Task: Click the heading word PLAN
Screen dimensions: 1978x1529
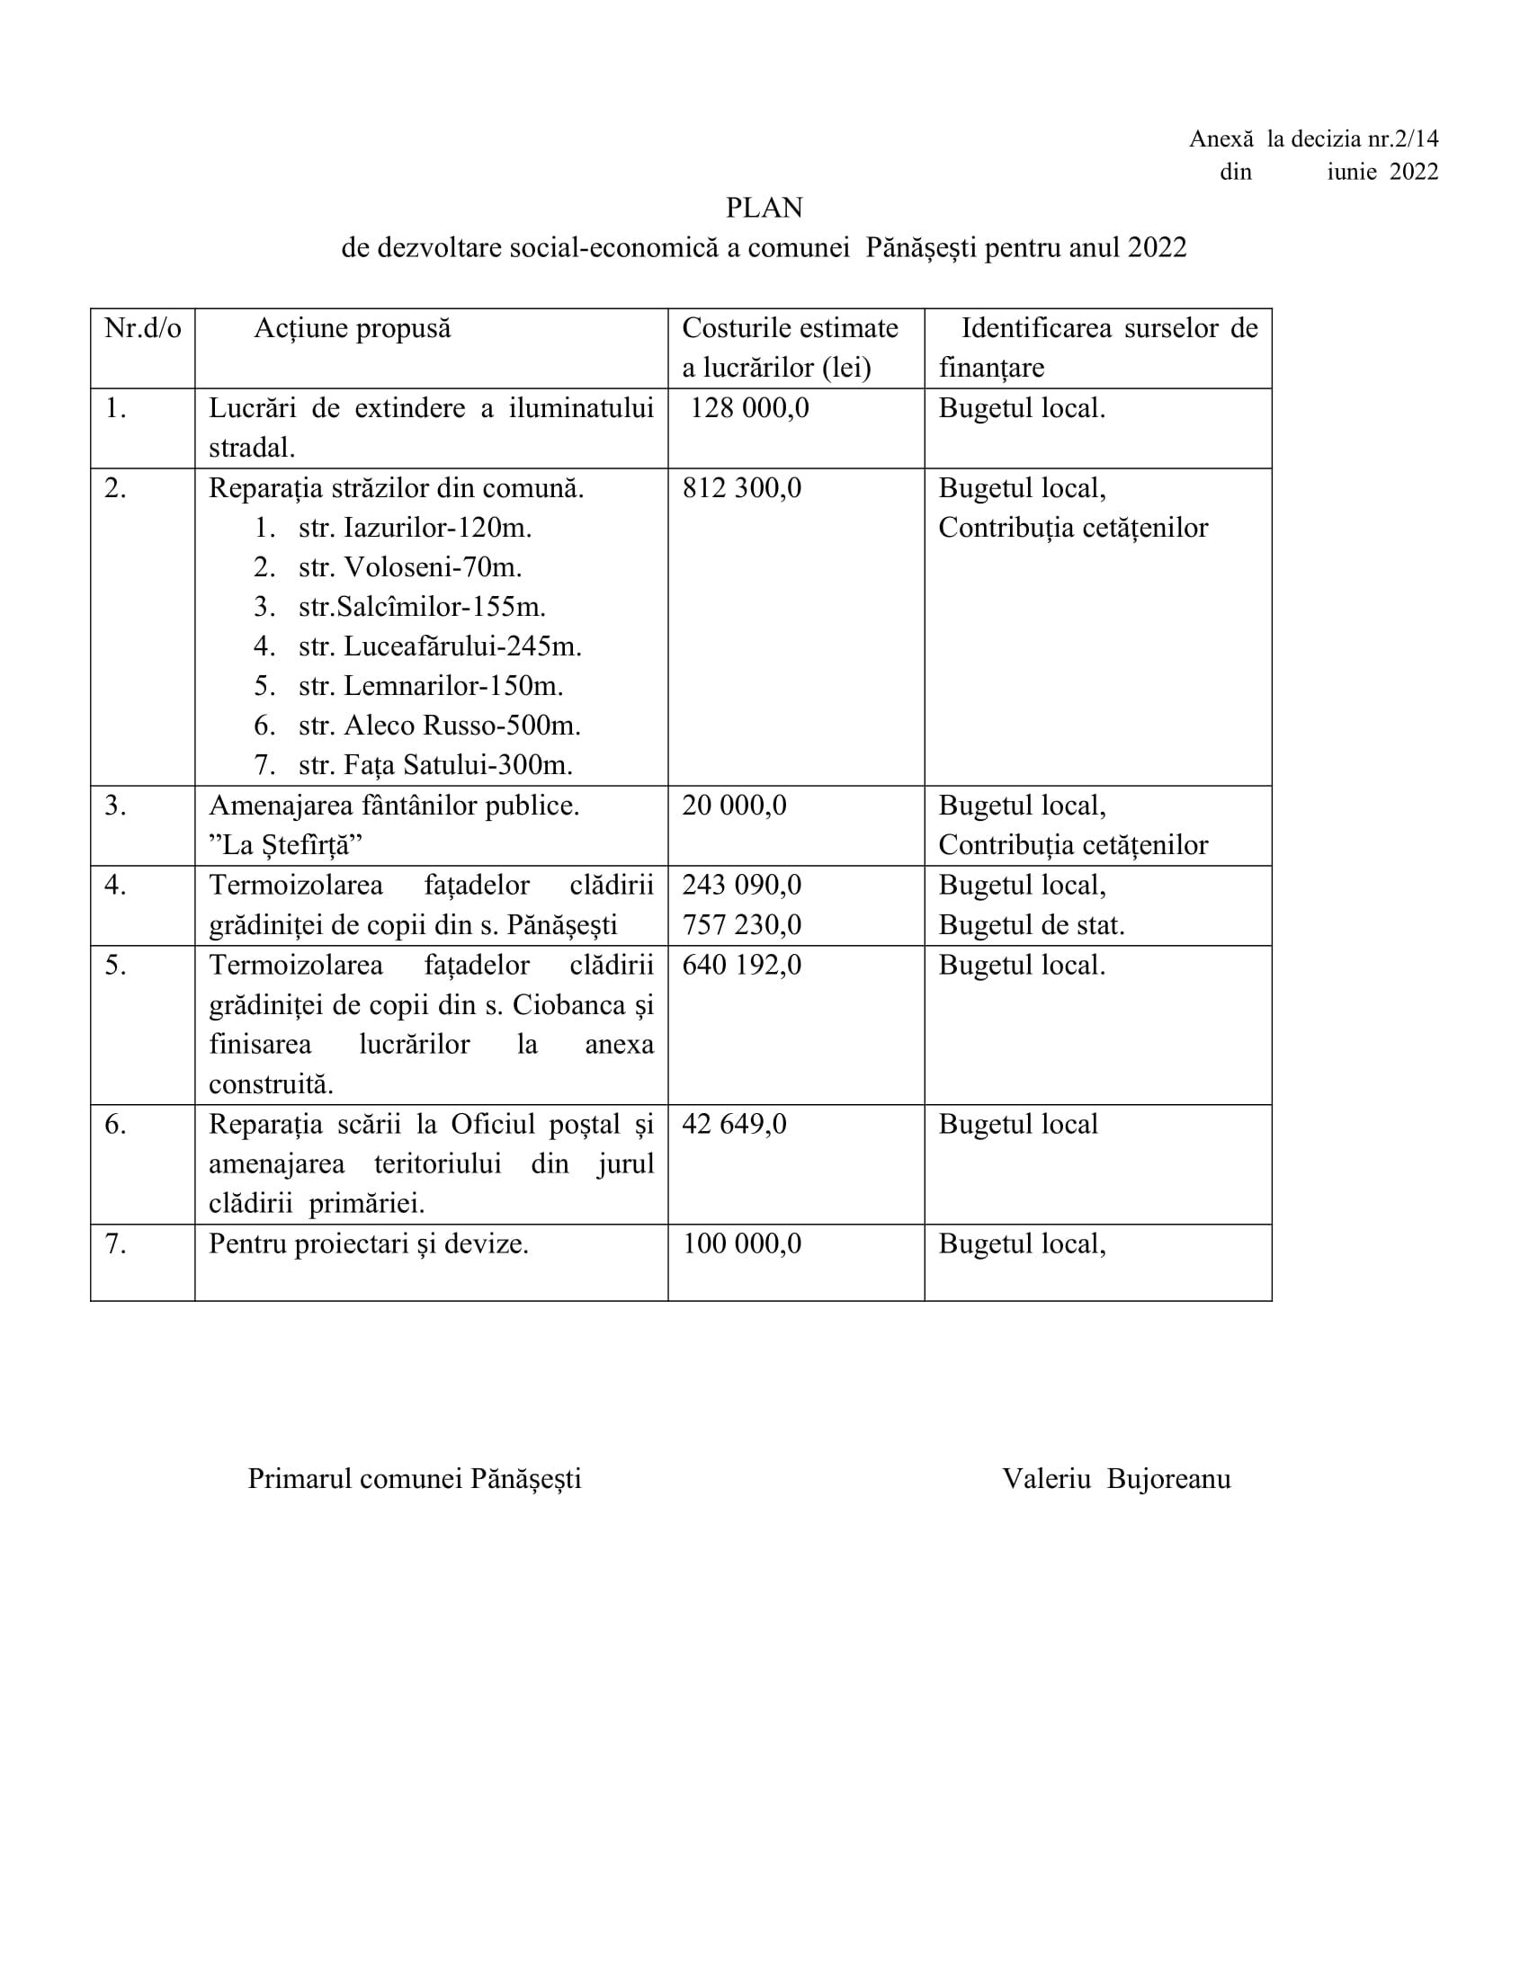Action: tap(764, 209)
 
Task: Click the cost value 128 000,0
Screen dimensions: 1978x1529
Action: tap(749, 408)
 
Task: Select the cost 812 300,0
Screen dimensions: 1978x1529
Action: tap(741, 488)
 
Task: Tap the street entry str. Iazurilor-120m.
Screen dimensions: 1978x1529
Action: tap(414, 528)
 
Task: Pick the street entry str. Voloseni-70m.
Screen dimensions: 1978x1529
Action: tap(409, 568)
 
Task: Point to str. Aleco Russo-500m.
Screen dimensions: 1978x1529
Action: tap(439, 726)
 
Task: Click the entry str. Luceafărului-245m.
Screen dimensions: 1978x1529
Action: tap(439, 646)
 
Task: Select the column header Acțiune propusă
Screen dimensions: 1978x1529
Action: tap(353, 328)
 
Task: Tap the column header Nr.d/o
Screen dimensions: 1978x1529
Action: tap(142, 328)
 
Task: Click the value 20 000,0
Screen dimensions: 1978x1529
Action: tap(734, 806)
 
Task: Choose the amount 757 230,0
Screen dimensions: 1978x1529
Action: tap(741, 924)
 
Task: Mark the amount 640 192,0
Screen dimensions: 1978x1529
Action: tap(741, 965)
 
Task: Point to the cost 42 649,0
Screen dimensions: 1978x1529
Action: tap(734, 1124)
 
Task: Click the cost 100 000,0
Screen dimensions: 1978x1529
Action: tap(741, 1243)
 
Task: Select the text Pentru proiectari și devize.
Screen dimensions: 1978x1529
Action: tap(369, 1243)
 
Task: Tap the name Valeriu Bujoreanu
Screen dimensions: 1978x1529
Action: tap(1116, 1479)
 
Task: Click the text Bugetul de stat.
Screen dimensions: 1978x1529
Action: tap(1031, 924)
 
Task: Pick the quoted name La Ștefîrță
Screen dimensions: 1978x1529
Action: tap(285, 845)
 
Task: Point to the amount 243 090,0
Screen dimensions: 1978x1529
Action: tap(741, 885)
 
